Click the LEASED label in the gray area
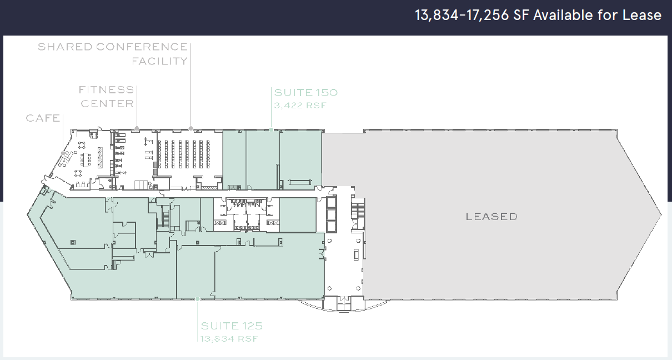[491, 217]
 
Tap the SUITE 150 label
[305, 93]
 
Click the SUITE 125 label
[232, 326]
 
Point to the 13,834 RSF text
[230, 338]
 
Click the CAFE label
[43, 118]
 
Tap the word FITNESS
[106, 89]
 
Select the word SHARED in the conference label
[64, 47]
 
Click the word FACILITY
[159, 61]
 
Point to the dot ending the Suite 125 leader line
[198, 299]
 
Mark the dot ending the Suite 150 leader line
[271, 129]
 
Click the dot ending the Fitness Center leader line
[137, 128]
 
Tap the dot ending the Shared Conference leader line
[190, 128]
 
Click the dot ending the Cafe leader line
[62, 153]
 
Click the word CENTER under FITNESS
[108, 104]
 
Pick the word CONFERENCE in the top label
[142, 47]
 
